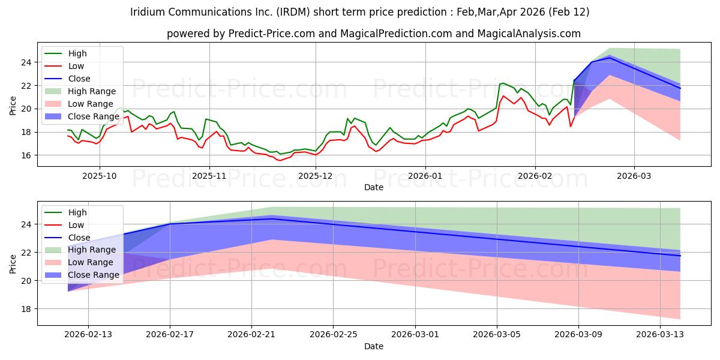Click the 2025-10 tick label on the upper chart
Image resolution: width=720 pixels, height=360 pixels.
tap(100, 176)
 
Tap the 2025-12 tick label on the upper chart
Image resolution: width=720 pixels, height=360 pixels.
tap(315, 176)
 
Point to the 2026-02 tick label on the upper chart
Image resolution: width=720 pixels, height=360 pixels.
tap(535, 176)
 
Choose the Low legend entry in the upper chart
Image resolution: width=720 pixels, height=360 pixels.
tap(76, 66)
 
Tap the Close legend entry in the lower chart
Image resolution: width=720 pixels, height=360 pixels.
tap(79, 237)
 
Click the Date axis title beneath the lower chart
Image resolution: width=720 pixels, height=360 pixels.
tap(373, 346)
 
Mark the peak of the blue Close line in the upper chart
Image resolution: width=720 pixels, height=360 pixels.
tap(610, 57)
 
